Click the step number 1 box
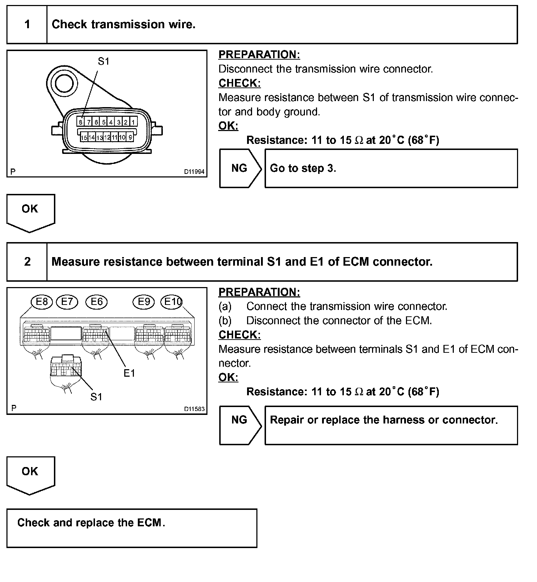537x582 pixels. point(27,25)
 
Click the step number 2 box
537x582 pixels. point(27,262)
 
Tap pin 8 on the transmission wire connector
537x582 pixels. point(81,122)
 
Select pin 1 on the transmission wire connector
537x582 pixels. point(133,122)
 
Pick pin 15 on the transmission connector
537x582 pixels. point(84,137)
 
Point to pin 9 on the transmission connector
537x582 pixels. point(130,137)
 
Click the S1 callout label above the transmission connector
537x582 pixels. point(104,61)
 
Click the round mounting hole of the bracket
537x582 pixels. point(64,83)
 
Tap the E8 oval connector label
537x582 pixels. point(42,302)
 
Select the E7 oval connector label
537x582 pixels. point(67,302)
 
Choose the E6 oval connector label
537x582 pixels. point(96,302)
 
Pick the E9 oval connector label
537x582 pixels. point(144,302)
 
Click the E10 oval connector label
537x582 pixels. point(172,302)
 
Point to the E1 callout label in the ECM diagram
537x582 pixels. point(129,373)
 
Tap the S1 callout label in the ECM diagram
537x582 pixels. point(96,397)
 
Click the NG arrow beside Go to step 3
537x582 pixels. point(240,168)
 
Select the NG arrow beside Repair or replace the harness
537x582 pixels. point(240,420)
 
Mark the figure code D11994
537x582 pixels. point(194,172)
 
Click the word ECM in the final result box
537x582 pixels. point(150,523)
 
